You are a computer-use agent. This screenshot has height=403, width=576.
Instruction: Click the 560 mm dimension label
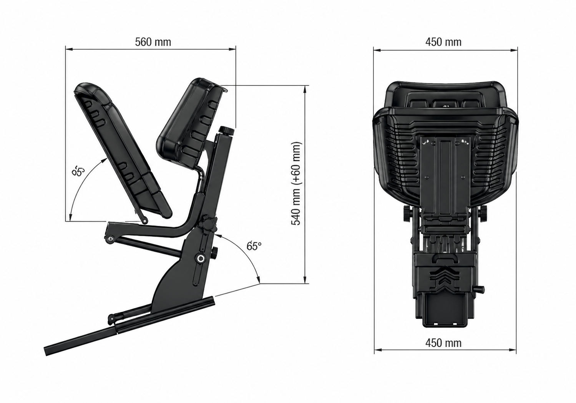(153, 42)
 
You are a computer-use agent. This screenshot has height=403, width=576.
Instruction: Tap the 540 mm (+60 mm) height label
(296, 183)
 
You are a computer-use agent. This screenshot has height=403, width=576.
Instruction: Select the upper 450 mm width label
(443, 42)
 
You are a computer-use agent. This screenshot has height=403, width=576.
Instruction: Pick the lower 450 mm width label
(443, 343)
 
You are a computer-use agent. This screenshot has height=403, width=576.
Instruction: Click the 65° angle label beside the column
(254, 246)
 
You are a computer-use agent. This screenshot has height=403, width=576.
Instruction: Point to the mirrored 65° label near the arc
(78, 171)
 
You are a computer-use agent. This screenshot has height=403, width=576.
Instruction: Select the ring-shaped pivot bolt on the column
(200, 259)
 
